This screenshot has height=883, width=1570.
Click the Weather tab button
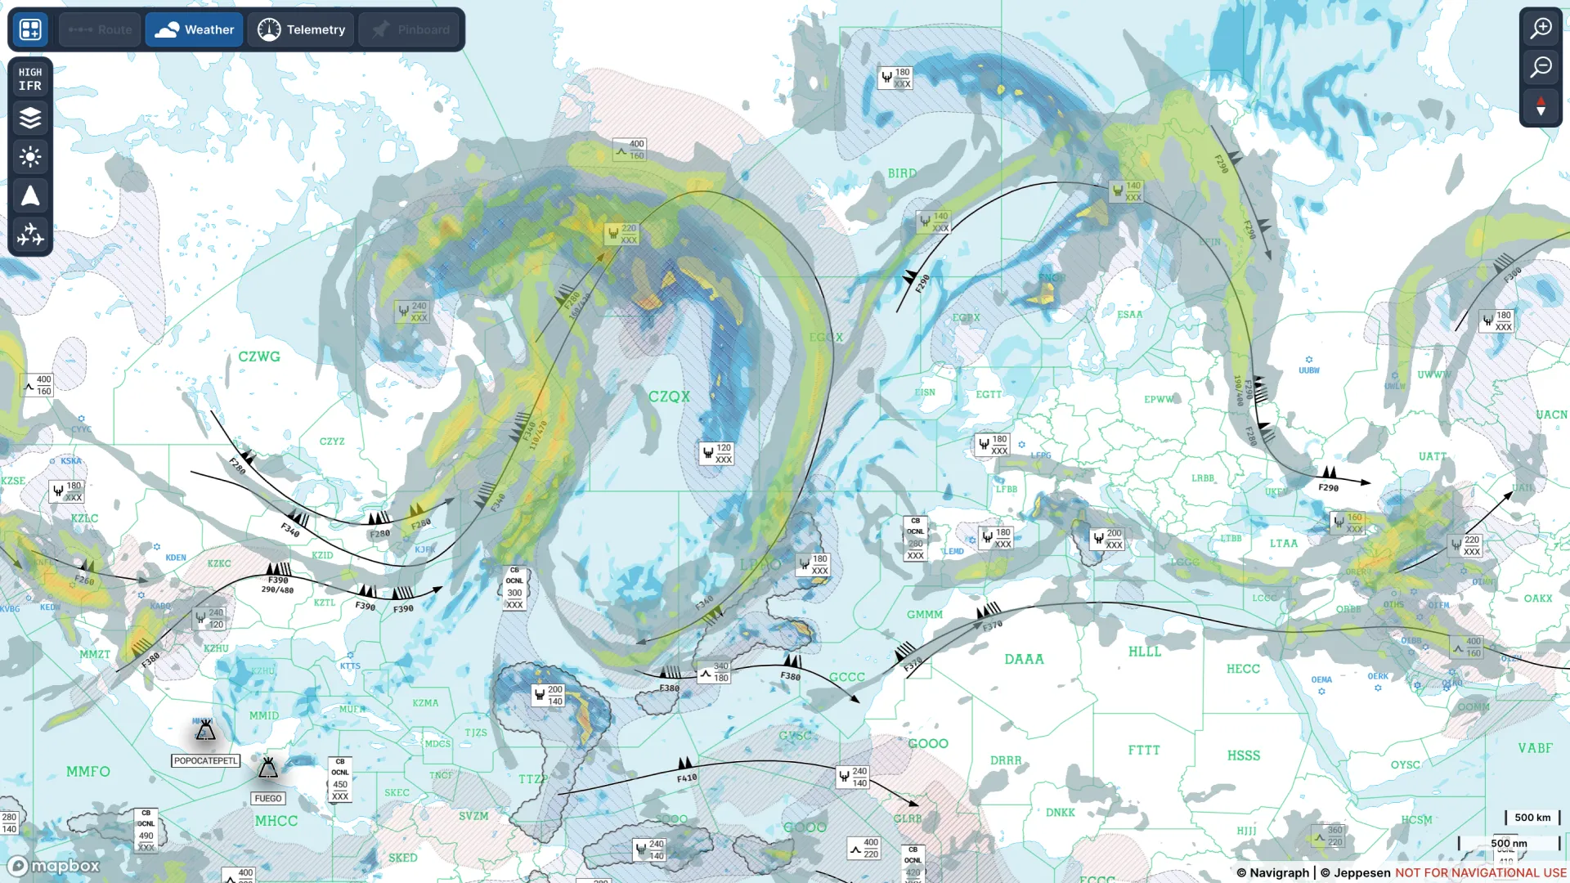click(195, 29)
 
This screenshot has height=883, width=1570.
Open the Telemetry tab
click(301, 29)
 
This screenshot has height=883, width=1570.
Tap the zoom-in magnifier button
click(1541, 29)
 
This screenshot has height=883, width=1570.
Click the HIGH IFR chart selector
click(30, 78)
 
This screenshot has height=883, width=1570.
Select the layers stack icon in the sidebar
click(30, 118)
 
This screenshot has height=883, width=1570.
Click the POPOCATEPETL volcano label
click(205, 760)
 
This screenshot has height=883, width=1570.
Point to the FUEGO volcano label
click(268, 798)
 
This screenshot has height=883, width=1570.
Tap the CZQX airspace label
click(669, 397)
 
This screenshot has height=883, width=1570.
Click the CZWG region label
click(259, 356)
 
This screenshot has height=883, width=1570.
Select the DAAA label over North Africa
click(1024, 659)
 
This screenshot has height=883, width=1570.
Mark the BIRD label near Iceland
click(902, 173)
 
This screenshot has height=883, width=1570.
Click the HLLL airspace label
click(1145, 652)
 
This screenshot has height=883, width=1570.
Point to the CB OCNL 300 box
click(514, 588)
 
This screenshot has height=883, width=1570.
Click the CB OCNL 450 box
click(340, 778)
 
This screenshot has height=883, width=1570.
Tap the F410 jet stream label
click(687, 778)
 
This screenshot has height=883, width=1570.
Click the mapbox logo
click(54, 866)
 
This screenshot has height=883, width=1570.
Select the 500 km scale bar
click(1532, 818)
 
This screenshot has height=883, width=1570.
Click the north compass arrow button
click(1541, 106)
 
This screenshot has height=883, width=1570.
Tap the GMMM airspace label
click(925, 615)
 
